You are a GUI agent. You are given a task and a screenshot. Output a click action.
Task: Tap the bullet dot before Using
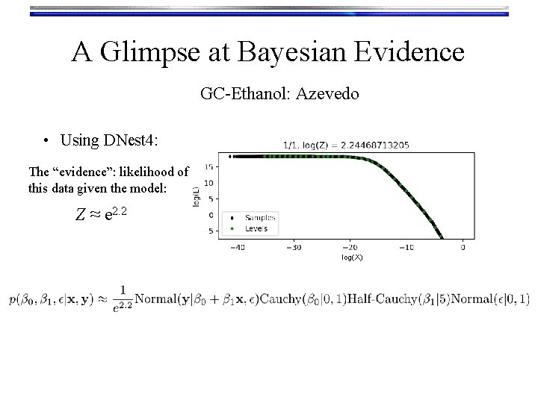[46, 140]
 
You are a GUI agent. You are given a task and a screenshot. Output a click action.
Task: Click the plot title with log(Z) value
[346, 146]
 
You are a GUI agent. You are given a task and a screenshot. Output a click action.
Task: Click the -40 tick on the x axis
[238, 247]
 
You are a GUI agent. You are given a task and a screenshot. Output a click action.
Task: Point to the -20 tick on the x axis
[350, 247]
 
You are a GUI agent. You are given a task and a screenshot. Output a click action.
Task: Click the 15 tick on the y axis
[210, 166]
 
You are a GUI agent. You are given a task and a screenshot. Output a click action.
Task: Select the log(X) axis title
[352, 257]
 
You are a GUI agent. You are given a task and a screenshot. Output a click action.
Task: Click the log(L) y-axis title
[197, 198]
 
